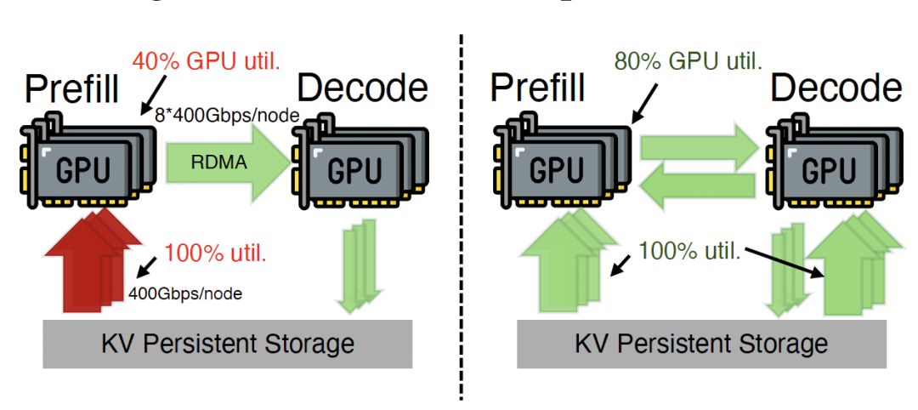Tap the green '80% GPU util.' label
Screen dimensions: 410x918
[x=688, y=60]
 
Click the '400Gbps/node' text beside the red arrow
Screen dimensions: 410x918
[x=184, y=293]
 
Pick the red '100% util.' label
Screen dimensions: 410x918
[x=214, y=253]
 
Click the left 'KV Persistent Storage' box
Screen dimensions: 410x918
[x=227, y=344]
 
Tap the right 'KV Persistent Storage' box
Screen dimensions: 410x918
[x=700, y=344]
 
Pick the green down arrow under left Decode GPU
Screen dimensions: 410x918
[x=357, y=264]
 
